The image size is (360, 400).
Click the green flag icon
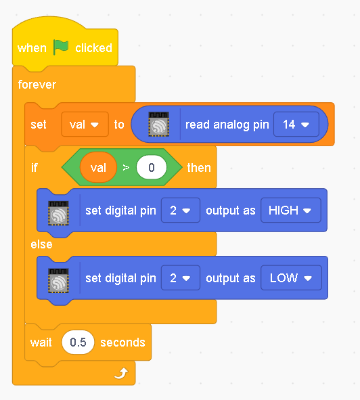point(61,47)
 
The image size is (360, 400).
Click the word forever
point(37,85)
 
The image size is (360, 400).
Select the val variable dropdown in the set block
point(85,125)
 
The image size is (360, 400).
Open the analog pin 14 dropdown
point(296,125)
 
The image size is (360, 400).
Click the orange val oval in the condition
point(98,168)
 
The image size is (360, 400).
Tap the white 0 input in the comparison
point(152,168)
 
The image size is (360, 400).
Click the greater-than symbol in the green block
point(126,168)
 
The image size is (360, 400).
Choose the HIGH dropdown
point(291,210)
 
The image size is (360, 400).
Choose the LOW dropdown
point(291,277)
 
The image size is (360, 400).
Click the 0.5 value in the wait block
point(78,342)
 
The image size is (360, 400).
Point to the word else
point(41,244)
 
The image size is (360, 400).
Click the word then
point(199,168)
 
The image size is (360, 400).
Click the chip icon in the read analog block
point(159,125)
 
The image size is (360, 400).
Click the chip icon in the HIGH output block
point(58,213)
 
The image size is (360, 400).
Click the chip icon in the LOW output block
point(58,281)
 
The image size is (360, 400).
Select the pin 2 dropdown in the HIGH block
point(181,210)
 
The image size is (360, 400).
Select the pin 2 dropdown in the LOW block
point(181,277)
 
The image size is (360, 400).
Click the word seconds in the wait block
point(122,342)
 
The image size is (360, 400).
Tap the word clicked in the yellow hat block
point(93,48)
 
